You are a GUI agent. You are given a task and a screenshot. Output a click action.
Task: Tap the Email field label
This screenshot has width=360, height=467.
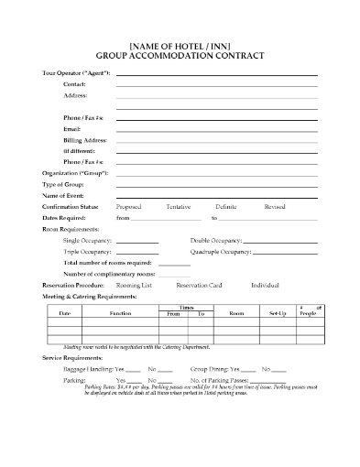click(x=72, y=129)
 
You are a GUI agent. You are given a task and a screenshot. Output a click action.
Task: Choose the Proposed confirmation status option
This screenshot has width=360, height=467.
click(x=129, y=207)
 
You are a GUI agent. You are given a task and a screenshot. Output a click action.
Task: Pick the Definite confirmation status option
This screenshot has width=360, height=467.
click(x=225, y=207)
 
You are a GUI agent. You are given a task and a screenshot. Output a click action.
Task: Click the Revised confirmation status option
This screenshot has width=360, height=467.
click(x=274, y=207)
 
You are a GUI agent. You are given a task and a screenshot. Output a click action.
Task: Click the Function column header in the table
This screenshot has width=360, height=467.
click(x=120, y=313)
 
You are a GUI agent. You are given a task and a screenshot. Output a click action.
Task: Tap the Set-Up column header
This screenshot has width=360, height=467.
click(x=278, y=313)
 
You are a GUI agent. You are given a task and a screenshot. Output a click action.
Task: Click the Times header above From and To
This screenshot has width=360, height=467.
click(x=184, y=307)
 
